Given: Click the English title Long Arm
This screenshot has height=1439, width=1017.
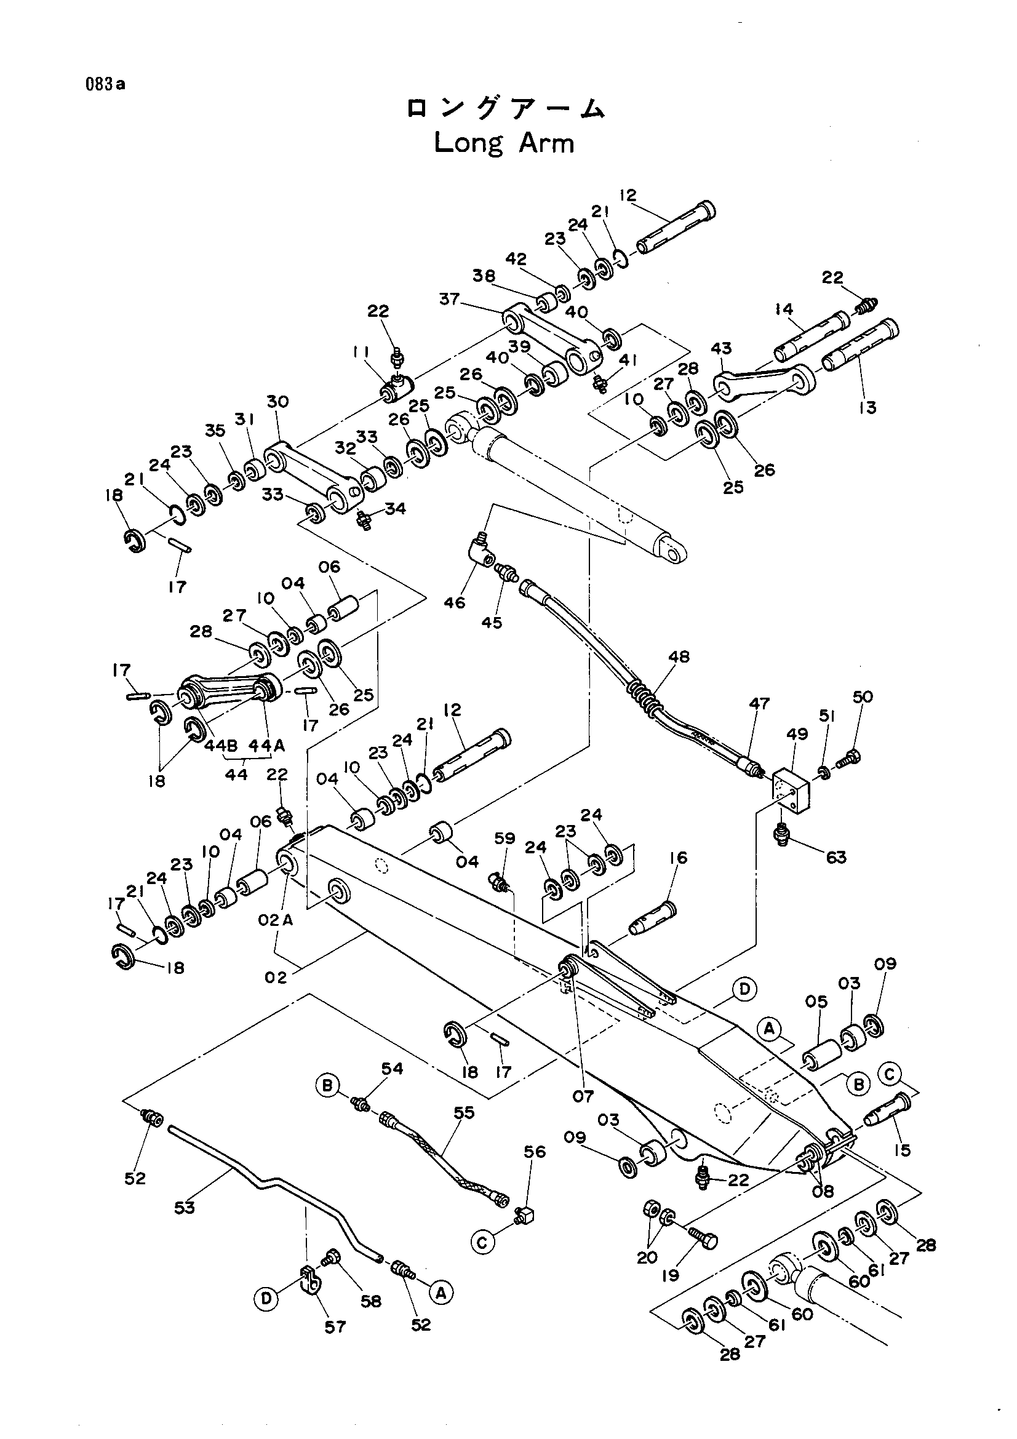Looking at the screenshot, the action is [x=504, y=143].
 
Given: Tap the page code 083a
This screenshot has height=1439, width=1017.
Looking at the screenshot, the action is [x=106, y=85].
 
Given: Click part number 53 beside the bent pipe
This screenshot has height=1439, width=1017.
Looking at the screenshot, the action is [x=184, y=1206].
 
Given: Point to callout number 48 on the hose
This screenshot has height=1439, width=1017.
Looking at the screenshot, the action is [x=679, y=656].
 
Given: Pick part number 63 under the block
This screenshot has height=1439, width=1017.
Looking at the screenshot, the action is [x=836, y=857].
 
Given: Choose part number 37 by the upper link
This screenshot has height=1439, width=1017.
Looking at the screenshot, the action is [x=449, y=300].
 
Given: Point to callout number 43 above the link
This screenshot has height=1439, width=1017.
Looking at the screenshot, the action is [x=721, y=348].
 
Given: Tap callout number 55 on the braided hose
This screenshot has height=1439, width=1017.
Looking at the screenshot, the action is [x=465, y=1112].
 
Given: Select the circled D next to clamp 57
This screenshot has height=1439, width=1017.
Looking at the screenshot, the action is [x=267, y=1299].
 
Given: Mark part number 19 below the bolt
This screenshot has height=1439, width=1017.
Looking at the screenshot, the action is [x=671, y=1275].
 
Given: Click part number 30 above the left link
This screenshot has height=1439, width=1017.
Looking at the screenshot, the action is [x=277, y=401].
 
